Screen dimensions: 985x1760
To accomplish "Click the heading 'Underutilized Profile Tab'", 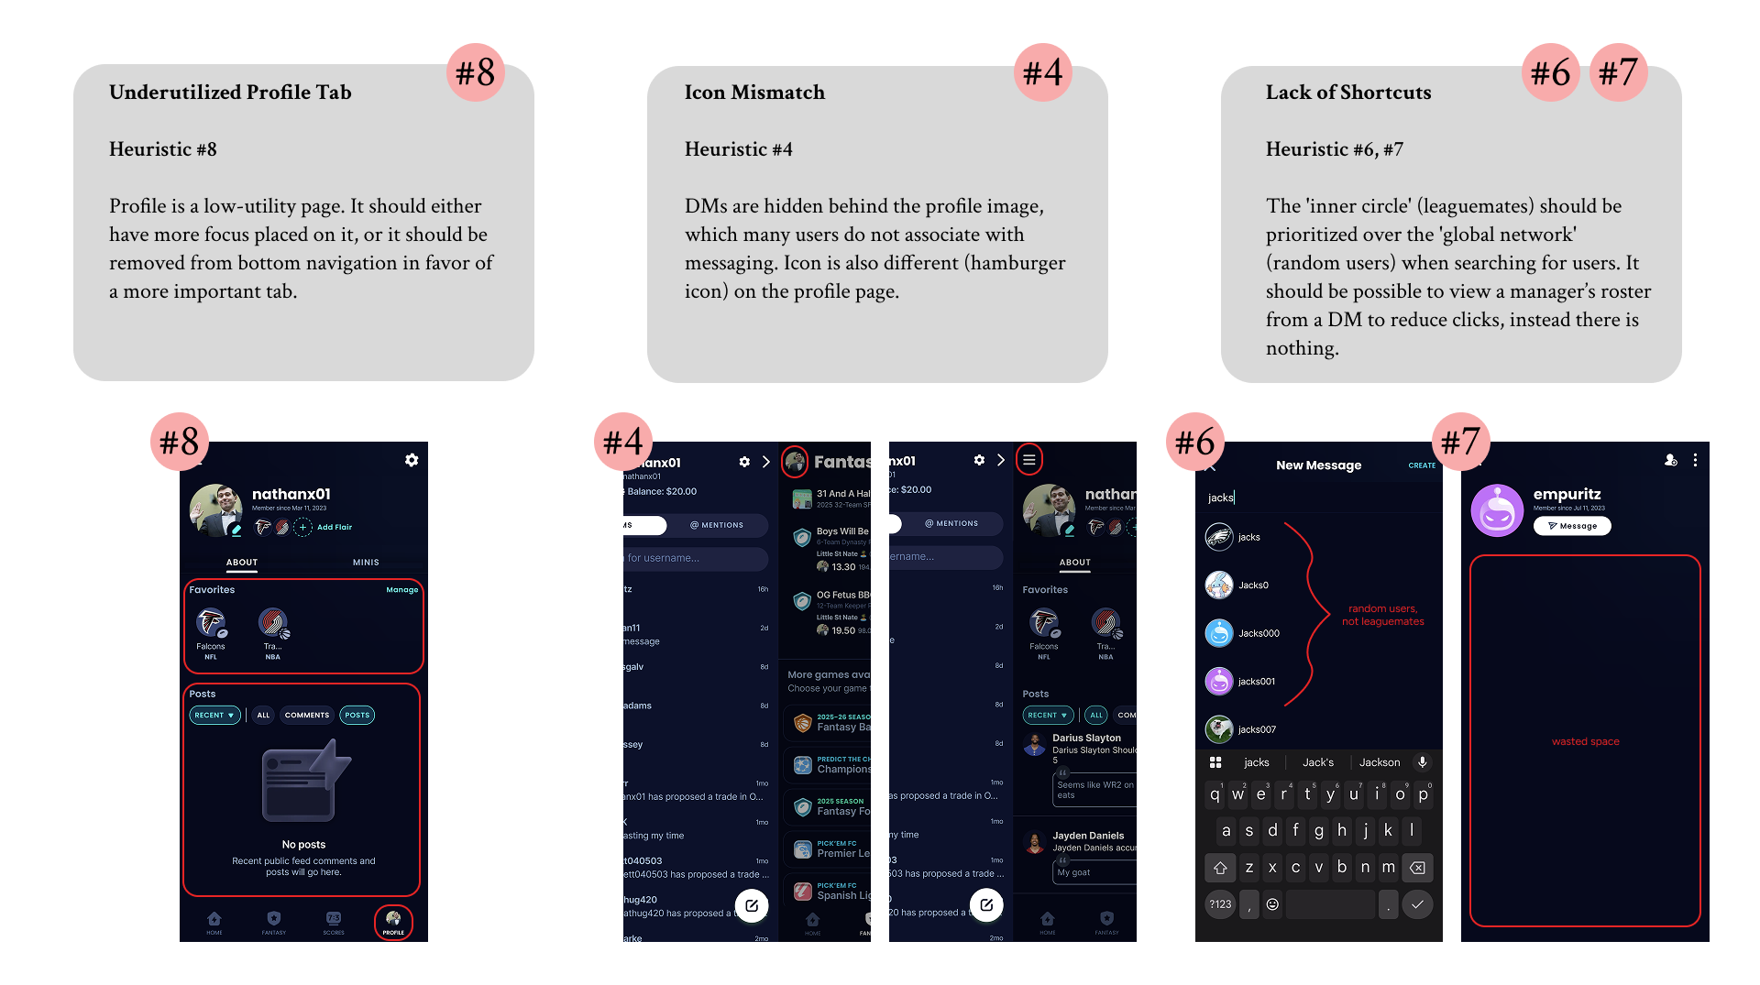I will [x=230, y=93].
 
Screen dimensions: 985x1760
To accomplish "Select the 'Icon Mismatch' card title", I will [x=754, y=93].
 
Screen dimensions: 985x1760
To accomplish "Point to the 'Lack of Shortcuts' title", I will [x=1347, y=93].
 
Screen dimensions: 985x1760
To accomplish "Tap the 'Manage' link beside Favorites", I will [x=401, y=590].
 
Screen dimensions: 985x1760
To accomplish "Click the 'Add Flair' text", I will [x=334, y=527].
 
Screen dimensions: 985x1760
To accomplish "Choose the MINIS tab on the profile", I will [x=366, y=563].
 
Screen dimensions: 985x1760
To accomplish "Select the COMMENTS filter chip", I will [x=306, y=716].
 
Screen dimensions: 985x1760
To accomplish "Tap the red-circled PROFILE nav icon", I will [x=393, y=921].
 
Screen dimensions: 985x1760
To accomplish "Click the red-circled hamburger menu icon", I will [x=1028, y=460].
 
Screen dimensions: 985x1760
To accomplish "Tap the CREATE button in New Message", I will [x=1422, y=465].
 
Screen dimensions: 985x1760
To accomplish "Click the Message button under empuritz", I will [x=1572, y=526].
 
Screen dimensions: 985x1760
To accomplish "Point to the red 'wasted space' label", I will [x=1585, y=742].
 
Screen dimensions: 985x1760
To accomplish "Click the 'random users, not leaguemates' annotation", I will [x=1382, y=615].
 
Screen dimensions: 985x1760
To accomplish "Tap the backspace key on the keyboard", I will [x=1417, y=868].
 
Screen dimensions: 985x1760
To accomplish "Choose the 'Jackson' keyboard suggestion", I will [x=1379, y=762].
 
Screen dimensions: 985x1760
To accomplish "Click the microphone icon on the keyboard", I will [x=1423, y=762].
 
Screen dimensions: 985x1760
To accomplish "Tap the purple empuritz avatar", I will [x=1497, y=510].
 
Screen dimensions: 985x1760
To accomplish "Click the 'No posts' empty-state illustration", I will [x=304, y=782].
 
